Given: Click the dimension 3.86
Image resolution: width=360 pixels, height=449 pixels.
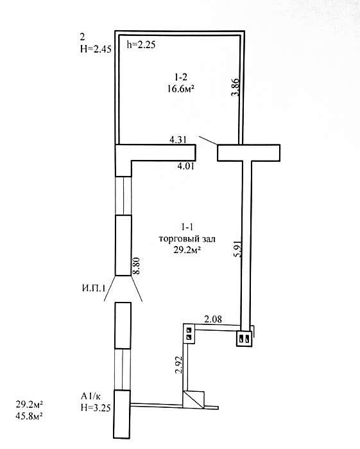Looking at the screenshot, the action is tap(236, 87).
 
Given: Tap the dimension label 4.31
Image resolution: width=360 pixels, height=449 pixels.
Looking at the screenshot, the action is tap(178, 140).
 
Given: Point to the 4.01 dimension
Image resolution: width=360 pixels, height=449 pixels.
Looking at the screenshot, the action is tap(185, 166).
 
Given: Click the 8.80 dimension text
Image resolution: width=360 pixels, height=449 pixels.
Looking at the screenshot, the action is tap(137, 266).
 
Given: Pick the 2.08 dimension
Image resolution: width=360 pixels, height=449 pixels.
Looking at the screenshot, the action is tap(212, 319).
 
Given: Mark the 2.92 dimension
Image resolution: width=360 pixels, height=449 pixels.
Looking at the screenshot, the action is tap(179, 365).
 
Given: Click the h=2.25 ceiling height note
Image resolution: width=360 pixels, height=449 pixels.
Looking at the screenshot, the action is tap(141, 45).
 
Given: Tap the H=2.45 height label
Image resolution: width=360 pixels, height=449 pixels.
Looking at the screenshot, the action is tap(96, 49).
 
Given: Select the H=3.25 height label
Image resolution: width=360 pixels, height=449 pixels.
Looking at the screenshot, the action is tap(96, 407).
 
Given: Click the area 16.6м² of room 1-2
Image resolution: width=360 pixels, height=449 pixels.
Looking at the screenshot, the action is tap(180, 89).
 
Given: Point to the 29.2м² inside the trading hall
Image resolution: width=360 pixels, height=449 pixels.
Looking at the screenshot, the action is tap(187, 250).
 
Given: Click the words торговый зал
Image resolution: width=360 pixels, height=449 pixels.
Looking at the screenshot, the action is tap(187, 238).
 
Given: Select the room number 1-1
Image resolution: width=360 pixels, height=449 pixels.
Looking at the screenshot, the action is tap(187, 227).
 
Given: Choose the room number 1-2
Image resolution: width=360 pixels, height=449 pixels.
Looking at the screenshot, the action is tap(181, 77).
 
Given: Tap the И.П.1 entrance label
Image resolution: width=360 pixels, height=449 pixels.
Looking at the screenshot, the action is tap(94, 288).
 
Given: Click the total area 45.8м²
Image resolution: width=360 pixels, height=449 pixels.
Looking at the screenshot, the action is tap(29, 416).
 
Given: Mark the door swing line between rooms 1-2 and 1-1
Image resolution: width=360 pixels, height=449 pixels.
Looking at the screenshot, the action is tap(208, 140).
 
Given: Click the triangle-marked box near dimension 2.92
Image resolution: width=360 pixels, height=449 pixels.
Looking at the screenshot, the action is tap(193, 400).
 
